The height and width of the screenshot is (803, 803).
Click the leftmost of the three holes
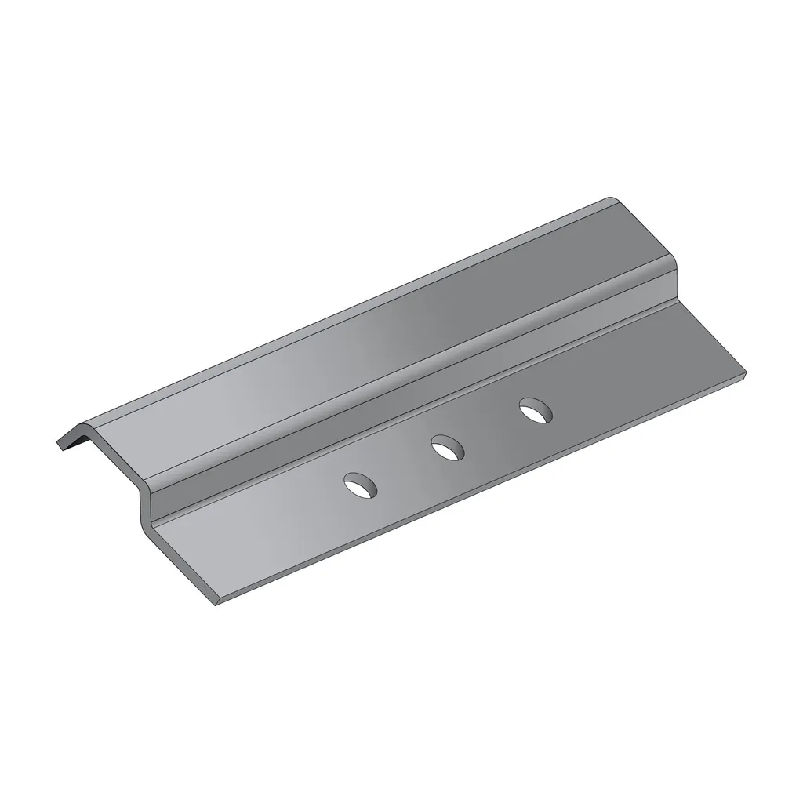(x=361, y=486)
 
